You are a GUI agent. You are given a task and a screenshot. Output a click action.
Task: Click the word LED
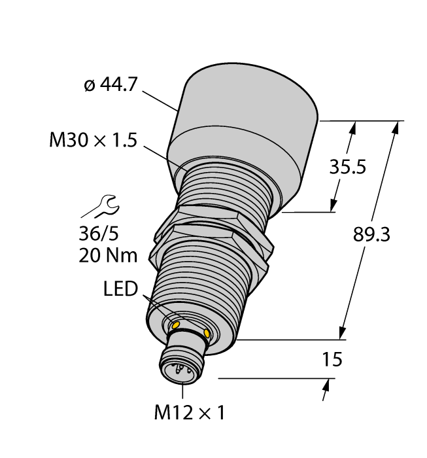pos(120,289)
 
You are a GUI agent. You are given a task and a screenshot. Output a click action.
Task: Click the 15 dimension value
pos(333,360)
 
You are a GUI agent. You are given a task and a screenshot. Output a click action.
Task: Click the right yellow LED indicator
pos(207,334)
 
